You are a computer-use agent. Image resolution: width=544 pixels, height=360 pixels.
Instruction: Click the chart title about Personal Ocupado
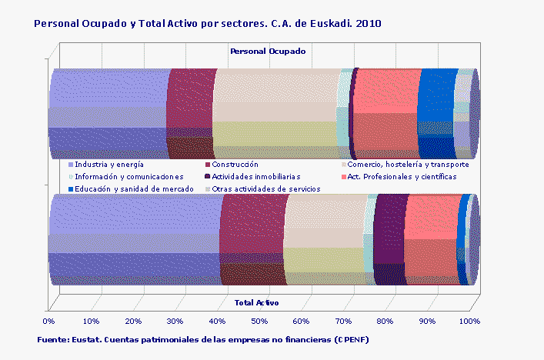click(208, 24)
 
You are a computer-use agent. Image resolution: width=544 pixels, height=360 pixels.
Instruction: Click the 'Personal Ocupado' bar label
click(268, 51)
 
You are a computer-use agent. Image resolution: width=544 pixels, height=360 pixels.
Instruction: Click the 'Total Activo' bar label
click(257, 302)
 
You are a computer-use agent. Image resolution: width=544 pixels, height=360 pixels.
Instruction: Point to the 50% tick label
click(259, 321)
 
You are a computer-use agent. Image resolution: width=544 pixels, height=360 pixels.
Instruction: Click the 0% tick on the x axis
click(49, 321)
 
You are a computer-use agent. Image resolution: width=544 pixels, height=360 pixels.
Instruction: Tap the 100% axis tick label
click(469, 321)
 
